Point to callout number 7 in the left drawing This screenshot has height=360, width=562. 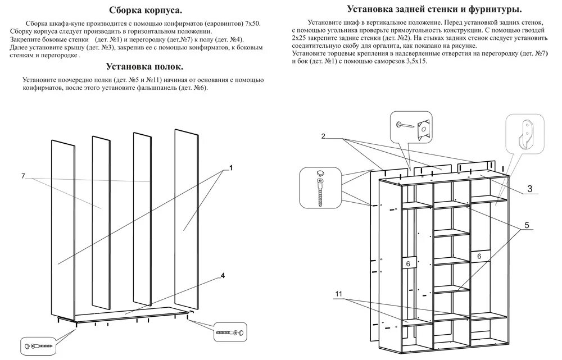[x=24, y=176]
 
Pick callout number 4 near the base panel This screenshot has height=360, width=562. [x=223, y=275]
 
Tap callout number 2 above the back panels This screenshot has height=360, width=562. [x=324, y=136]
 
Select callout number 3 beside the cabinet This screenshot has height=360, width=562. [x=530, y=188]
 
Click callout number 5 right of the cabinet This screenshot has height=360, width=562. [x=527, y=225]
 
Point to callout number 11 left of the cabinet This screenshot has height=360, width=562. [x=339, y=294]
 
